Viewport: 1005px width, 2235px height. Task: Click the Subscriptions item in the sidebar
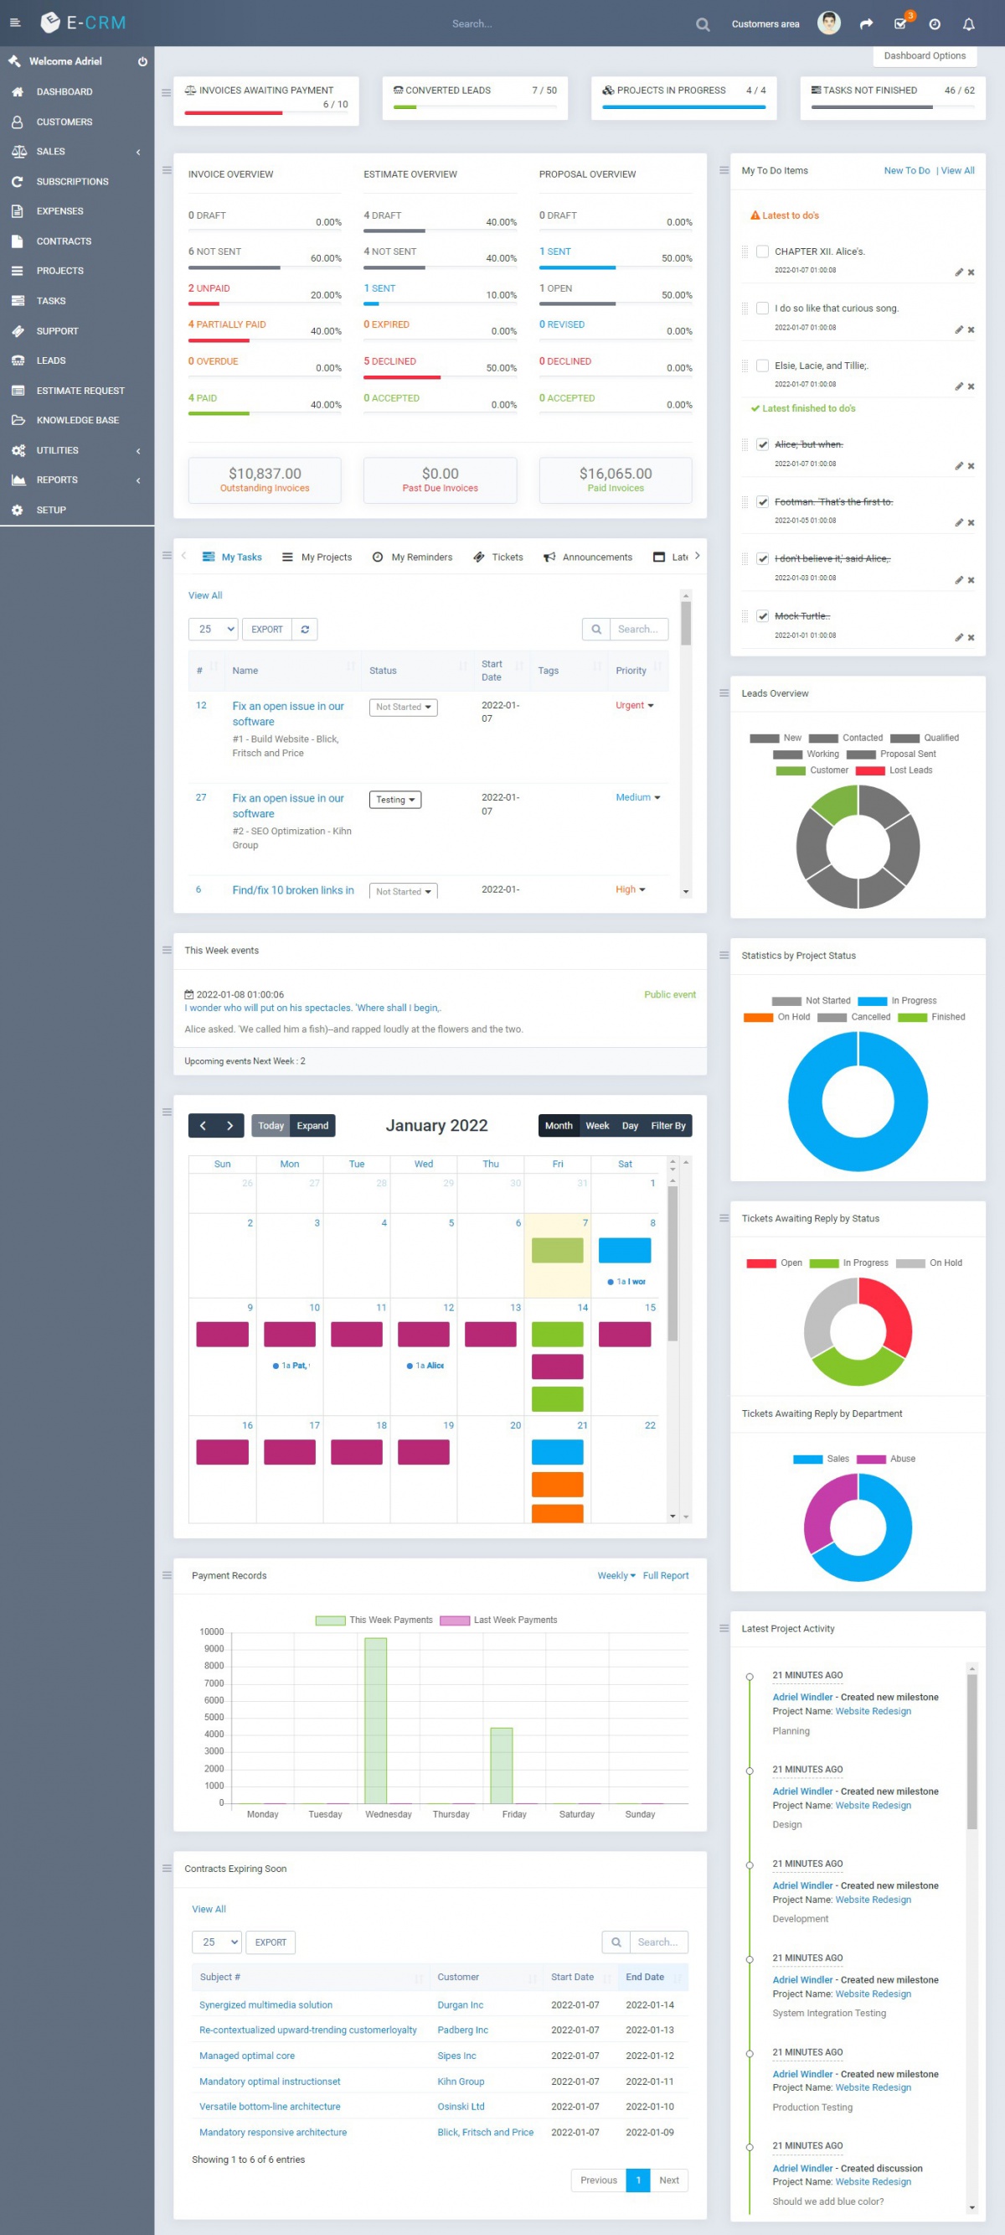pos(72,181)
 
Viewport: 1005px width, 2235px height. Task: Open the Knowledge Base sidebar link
pos(77,420)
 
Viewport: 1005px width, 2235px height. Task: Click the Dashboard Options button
pos(925,55)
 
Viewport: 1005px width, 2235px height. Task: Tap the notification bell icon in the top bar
pos(969,24)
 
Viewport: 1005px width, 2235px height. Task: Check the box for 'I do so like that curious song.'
pos(762,308)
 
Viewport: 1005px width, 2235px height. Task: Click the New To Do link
pos(906,171)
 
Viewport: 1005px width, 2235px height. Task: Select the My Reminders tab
pos(412,557)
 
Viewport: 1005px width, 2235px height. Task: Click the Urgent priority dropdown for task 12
pos(635,705)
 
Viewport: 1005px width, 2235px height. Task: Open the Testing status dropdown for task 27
pos(395,799)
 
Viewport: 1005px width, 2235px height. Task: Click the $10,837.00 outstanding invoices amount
pos(265,474)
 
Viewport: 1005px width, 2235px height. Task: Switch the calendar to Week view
pos(596,1125)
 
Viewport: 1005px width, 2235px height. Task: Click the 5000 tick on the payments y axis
pos(214,1717)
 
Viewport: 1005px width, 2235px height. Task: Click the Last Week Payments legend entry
pos(498,1620)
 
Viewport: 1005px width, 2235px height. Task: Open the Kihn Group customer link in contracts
pos(461,2081)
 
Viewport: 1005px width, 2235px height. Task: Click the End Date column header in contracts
pos(645,1977)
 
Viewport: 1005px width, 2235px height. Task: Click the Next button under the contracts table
pos(668,2180)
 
